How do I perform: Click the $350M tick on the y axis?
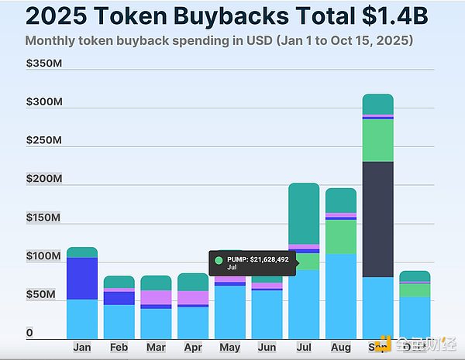(43, 63)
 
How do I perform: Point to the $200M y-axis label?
(43, 179)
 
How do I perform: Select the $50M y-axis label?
(41, 295)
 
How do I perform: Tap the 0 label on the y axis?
(29, 333)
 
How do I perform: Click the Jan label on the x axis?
(82, 348)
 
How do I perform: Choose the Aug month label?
(341, 348)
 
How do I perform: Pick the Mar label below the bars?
(156, 348)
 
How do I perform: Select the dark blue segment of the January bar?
(82, 278)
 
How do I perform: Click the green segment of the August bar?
(341, 236)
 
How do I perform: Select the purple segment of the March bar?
(156, 297)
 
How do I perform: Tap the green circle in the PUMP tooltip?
(219, 260)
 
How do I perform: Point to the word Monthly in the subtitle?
(49, 40)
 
